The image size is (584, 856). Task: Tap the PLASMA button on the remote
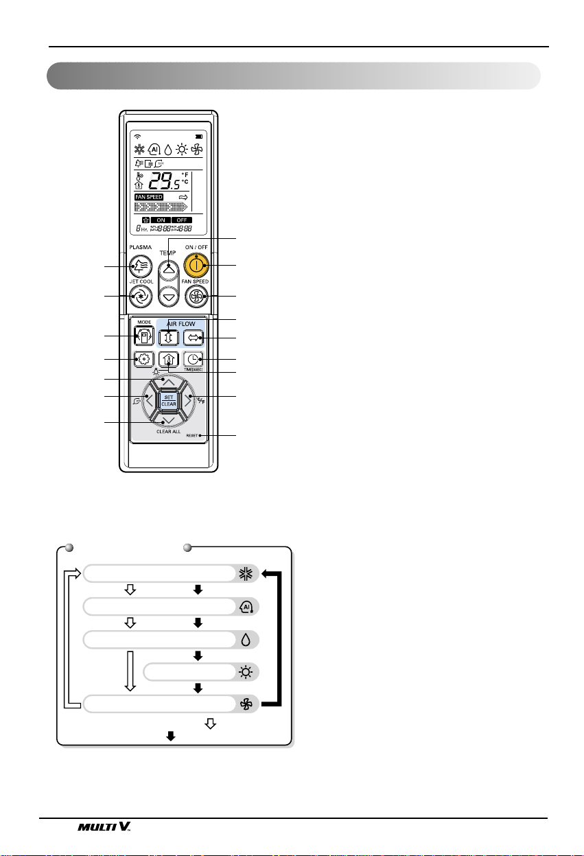[140, 266]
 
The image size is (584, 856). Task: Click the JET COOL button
[140, 296]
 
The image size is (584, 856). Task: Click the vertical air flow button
[168, 338]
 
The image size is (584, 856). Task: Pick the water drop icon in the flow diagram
[245, 639]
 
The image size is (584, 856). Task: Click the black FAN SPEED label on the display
[149, 196]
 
